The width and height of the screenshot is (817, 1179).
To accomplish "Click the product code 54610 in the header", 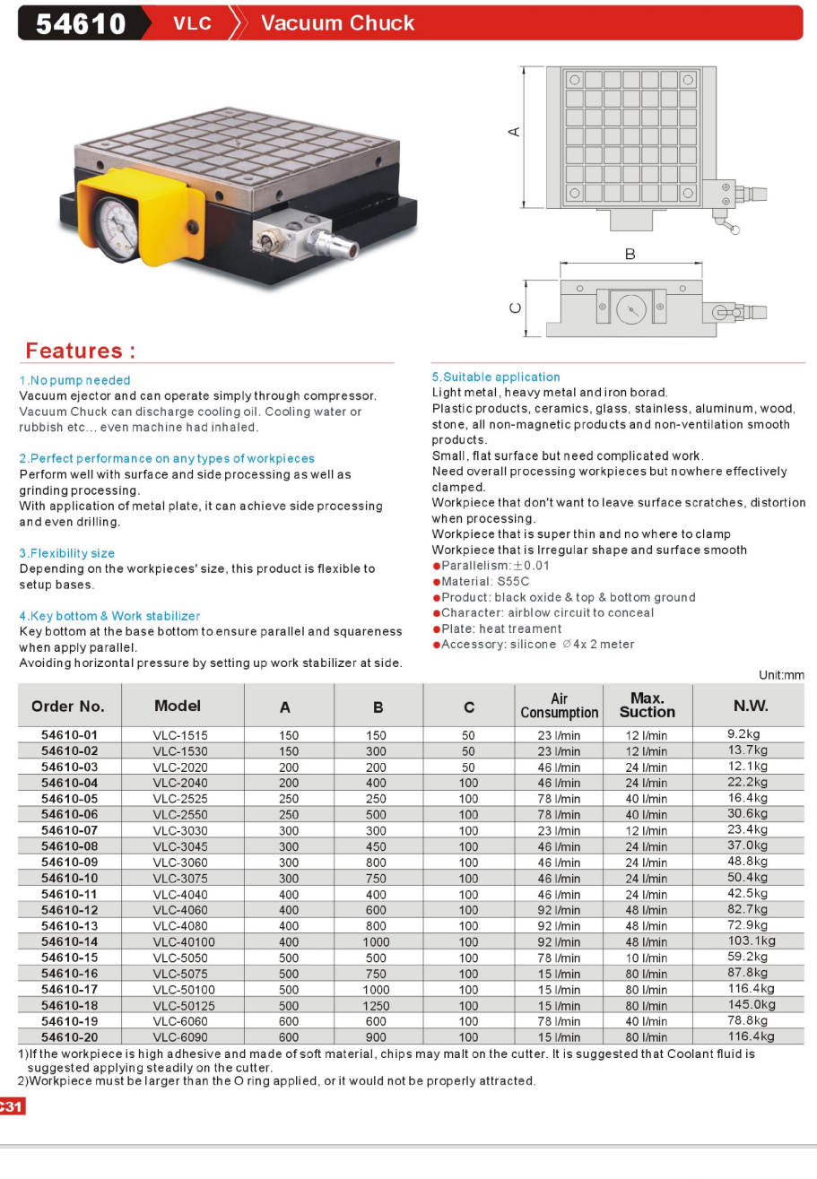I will click(81, 23).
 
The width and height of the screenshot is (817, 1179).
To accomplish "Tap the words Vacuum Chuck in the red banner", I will click(337, 23).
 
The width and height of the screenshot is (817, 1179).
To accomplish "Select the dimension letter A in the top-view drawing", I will click(514, 132).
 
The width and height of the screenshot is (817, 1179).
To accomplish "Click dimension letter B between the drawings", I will click(630, 255).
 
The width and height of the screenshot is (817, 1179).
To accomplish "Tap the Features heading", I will click(81, 351).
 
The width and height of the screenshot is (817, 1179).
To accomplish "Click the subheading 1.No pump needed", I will click(74, 380).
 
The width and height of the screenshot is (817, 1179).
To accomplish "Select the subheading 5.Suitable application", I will click(496, 377).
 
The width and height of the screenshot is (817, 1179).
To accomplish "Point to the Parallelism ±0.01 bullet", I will click(491, 566).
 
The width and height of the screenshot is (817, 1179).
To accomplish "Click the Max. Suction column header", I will click(647, 705).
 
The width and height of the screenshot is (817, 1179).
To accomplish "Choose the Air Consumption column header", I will click(559, 705).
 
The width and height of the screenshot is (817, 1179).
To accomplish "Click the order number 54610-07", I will click(69, 830).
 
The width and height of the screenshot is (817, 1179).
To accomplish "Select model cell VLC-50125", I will click(184, 1006).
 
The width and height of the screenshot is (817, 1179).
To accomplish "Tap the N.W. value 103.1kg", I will click(751, 941).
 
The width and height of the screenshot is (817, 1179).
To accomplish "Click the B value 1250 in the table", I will click(377, 1006).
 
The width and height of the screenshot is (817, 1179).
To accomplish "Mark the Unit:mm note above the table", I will click(781, 675).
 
